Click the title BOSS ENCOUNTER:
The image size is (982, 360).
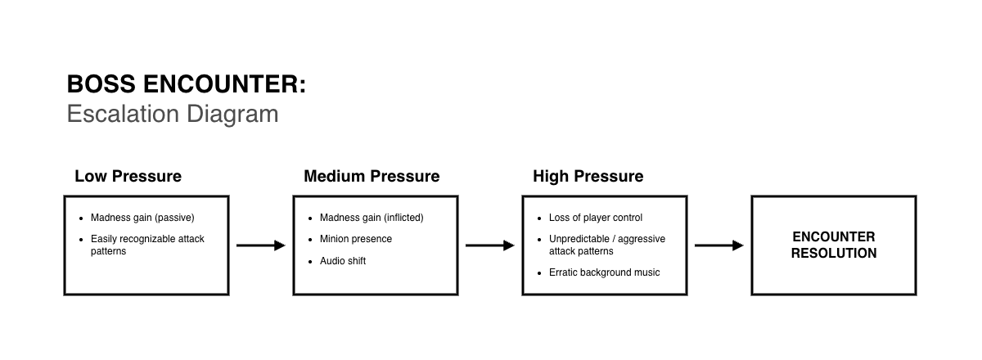tap(187, 83)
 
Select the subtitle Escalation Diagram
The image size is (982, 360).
tap(173, 114)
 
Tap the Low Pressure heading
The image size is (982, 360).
tap(128, 176)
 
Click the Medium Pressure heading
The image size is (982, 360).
tap(372, 176)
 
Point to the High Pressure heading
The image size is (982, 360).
tap(588, 176)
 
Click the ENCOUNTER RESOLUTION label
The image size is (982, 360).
tap(834, 245)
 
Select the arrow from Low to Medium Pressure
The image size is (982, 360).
tap(261, 245)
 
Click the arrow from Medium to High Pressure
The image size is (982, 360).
tap(490, 245)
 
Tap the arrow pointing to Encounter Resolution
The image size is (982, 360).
tap(719, 245)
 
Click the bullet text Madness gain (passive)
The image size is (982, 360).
tap(142, 218)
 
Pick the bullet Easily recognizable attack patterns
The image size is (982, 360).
tap(147, 245)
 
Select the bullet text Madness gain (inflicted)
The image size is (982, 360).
tap(372, 218)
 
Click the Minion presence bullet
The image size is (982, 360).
tap(356, 239)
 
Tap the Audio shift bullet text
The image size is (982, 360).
tap(343, 261)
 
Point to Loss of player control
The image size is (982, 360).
tap(596, 218)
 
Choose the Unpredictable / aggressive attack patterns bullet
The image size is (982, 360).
tap(607, 245)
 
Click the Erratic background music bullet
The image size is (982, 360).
tap(605, 272)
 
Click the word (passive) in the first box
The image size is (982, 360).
tap(174, 218)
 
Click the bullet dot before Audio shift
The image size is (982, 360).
tap(310, 262)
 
